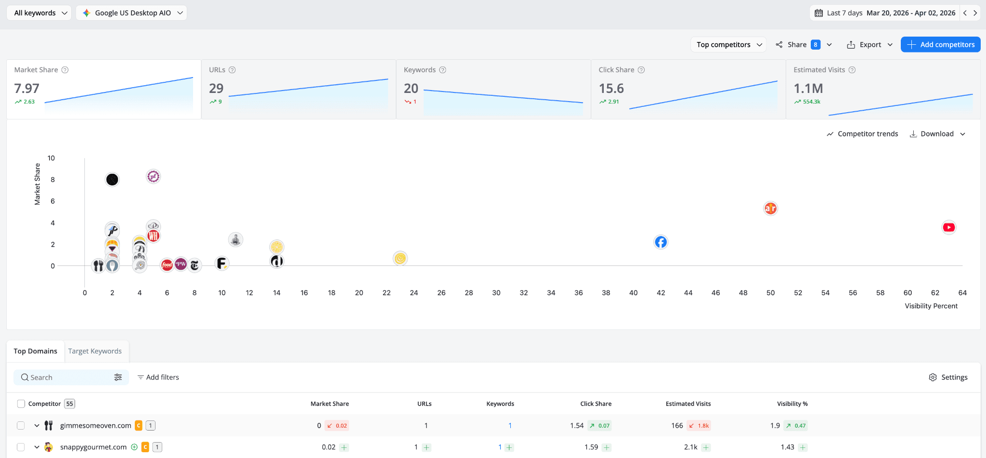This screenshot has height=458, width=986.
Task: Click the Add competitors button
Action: coord(940,44)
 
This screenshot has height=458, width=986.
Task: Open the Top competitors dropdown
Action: coord(728,44)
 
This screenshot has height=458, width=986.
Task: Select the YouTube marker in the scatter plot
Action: coord(948,227)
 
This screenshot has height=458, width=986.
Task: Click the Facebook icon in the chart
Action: coord(661,242)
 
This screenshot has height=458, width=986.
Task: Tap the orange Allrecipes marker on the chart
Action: coord(770,208)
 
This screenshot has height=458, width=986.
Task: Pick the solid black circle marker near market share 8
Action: coord(112,180)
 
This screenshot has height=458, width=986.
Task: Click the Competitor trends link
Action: coord(862,134)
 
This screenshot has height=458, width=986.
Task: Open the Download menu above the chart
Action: coord(937,134)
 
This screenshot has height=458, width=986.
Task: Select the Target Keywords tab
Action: coord(95,351)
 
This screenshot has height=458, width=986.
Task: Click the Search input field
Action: coord(67,378)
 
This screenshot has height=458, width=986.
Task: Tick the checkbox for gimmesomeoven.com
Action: coord(21,425)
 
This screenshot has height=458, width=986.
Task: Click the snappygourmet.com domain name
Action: coord(93,447)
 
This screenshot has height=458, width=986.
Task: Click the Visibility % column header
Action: coord(792,404)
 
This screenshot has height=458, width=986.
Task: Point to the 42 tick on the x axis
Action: coord(661,292)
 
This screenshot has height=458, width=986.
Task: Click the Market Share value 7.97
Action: coord(27,89)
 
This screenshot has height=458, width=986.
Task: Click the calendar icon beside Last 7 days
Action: coord(818,13)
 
